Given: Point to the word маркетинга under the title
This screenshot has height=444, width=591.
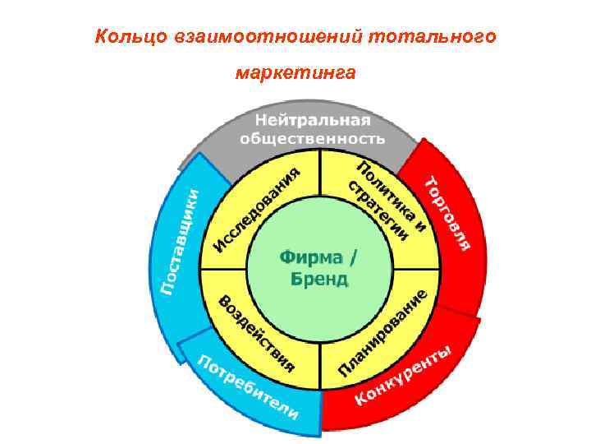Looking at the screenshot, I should click(x=295, y=74).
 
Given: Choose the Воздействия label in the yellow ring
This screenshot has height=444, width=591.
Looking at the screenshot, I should click(x=255, y=331).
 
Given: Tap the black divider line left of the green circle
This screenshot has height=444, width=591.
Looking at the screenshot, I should click(x=224, y=269).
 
